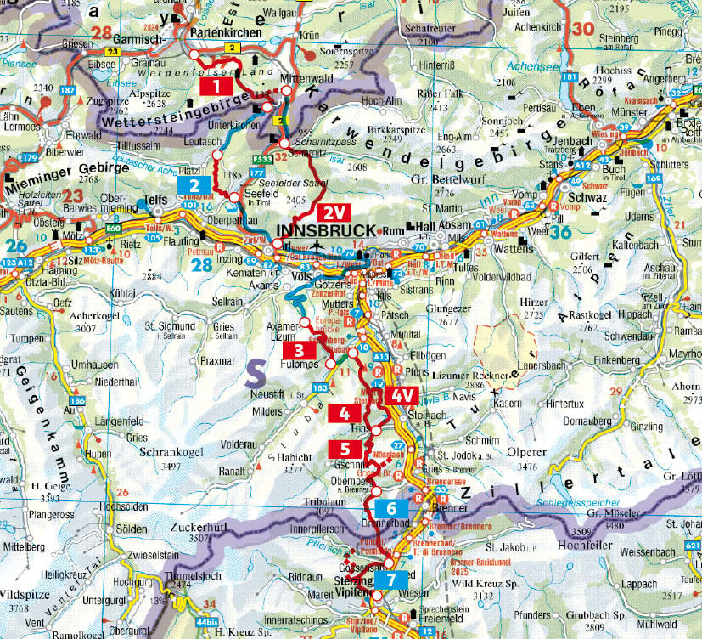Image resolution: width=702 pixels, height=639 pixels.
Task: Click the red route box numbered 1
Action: tap(217, 85)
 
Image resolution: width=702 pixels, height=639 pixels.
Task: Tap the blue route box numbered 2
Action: tap(194, 186)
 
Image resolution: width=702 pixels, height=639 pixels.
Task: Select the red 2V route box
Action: tap(332, 212)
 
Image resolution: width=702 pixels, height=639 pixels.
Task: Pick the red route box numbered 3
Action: tap(299, 349)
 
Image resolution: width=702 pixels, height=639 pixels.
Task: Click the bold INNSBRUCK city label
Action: tap(326, 231)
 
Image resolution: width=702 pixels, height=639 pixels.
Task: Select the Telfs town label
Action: tap(155, 201)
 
